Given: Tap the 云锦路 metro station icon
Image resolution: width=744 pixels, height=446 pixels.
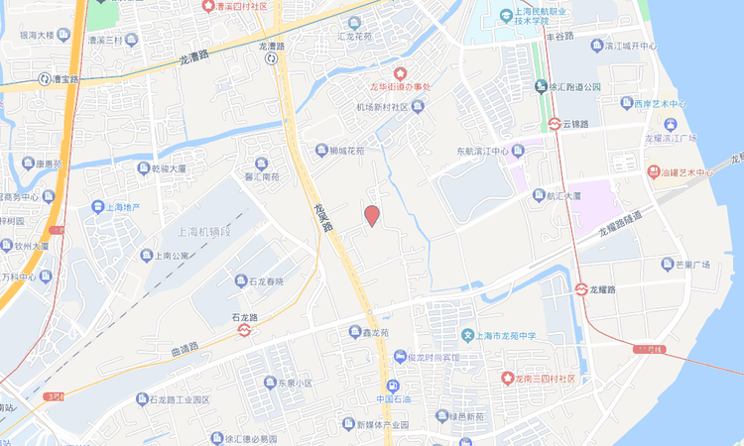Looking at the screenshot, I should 555,124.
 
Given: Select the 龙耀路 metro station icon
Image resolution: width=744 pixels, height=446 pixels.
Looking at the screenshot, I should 581,289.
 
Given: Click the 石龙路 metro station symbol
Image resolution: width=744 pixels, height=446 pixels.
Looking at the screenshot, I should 244,331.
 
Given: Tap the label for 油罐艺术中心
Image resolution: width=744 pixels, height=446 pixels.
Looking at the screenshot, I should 687,172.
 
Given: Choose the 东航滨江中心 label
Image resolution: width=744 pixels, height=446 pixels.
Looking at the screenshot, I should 482,153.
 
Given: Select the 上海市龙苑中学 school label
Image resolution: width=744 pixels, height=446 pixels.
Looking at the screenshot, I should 502,336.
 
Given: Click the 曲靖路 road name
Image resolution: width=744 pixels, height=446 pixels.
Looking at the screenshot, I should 185,349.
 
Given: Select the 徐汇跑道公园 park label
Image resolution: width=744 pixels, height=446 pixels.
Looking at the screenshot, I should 575,86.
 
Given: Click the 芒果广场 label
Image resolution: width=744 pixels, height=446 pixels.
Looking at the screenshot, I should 691,265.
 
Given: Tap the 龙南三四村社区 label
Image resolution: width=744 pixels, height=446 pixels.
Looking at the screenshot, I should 545,378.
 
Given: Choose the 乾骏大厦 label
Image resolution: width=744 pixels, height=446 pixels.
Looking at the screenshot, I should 170,168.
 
